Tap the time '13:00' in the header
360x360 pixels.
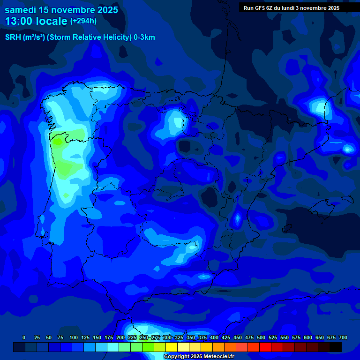(19, 21)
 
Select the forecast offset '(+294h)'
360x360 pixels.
(83, 21)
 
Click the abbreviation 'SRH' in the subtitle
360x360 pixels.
(13, 37)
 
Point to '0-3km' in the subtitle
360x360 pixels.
(144, 37)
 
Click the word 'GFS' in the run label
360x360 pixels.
(261, 8)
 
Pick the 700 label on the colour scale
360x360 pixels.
(343, 337)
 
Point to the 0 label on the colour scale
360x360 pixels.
(24, 337)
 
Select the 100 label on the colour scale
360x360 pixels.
(74, 337)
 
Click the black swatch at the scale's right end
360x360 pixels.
(336, 347)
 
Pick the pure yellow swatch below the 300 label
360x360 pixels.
(172, 347)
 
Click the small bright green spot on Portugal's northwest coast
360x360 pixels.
(58, 140)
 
